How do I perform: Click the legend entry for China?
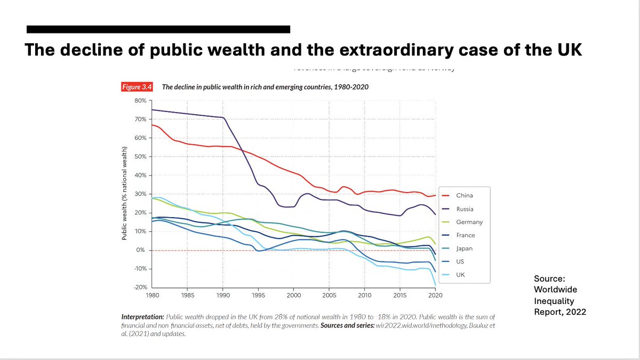[465, 196]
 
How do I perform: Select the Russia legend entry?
[465, 209]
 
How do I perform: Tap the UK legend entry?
[460, 275]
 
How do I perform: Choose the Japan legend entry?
[464, 249]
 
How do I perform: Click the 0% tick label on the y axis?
[141, 250]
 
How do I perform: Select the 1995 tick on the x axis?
[258, 294]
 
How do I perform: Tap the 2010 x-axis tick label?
[365, 294]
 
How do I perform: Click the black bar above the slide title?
[158, 29]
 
